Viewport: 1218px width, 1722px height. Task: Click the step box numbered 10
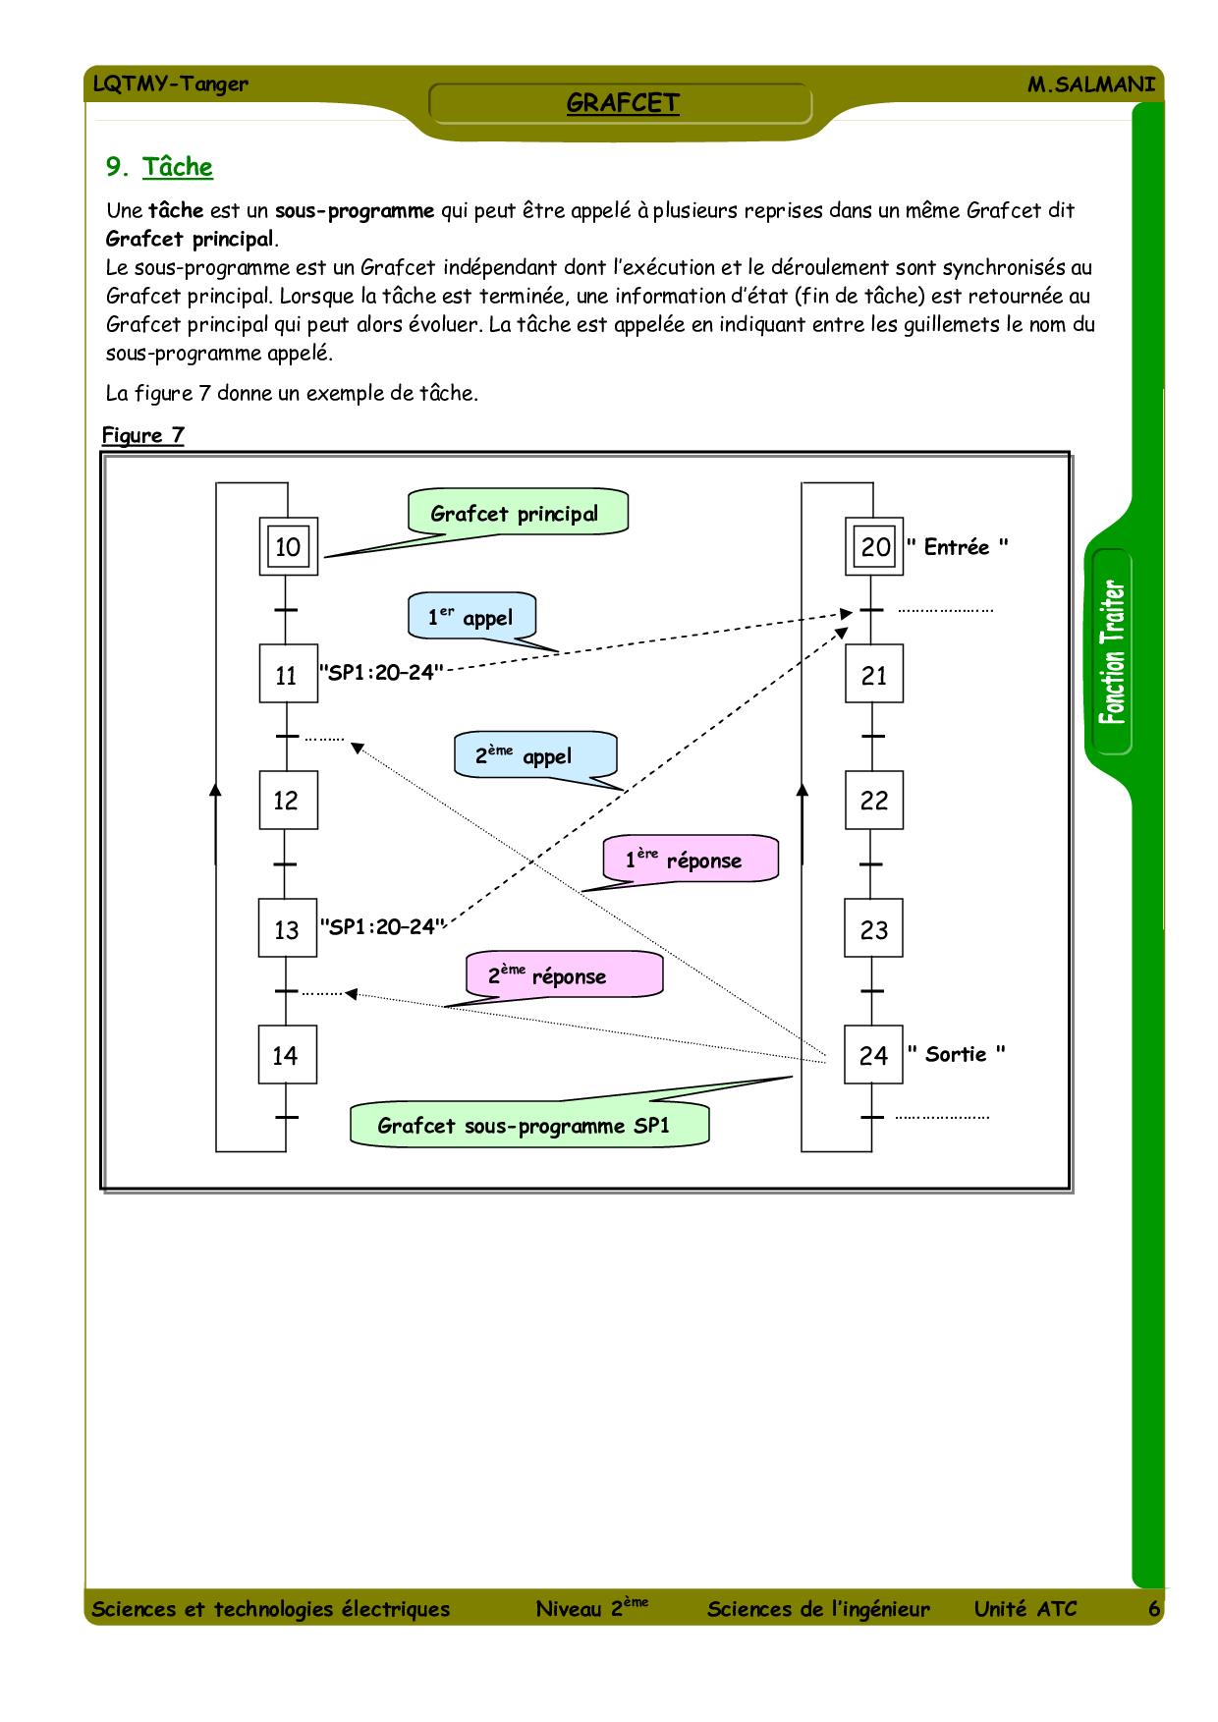pyautogui.click(x=288, y=546)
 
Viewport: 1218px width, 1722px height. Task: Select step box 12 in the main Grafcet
pyautogui.click(x=287, y=801)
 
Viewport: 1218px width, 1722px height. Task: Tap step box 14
pyautogui.click(x=287, y=1055)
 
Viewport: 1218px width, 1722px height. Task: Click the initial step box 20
pyautogui.click(x=874, y=546)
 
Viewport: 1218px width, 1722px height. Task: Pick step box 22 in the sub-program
pyautogui.click(x=873, y=801)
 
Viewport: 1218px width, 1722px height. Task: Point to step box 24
pyautogui.click(x=873, y=1055)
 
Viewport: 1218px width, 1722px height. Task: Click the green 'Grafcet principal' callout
pyautogui.click(x=517, y=513)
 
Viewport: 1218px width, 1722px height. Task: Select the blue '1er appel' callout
pyautogui.click(x=471, y=617)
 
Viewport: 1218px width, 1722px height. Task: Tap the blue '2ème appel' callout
pyautogui.click(x=534, y=755)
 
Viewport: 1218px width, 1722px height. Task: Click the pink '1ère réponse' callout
pyautogui.click(x=690, y=860)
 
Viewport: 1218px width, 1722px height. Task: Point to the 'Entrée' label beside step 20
pyautogui.click(x=957, y=547)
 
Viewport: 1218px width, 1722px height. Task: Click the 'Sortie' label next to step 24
pyautogui.click(x=956, y=1054)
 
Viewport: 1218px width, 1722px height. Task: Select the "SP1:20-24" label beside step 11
pyautogui.click(x=381, y=673)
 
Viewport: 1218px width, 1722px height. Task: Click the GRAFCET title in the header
pyautogui.click(x=622, y=103)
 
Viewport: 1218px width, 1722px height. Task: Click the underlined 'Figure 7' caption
pyautogui.click(x=143, y=435)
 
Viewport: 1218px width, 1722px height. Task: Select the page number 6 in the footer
pyautogui.click(x=1154, y=1608)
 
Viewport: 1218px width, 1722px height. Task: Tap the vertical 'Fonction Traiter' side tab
pyautogui.click(x=1112, y=652)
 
